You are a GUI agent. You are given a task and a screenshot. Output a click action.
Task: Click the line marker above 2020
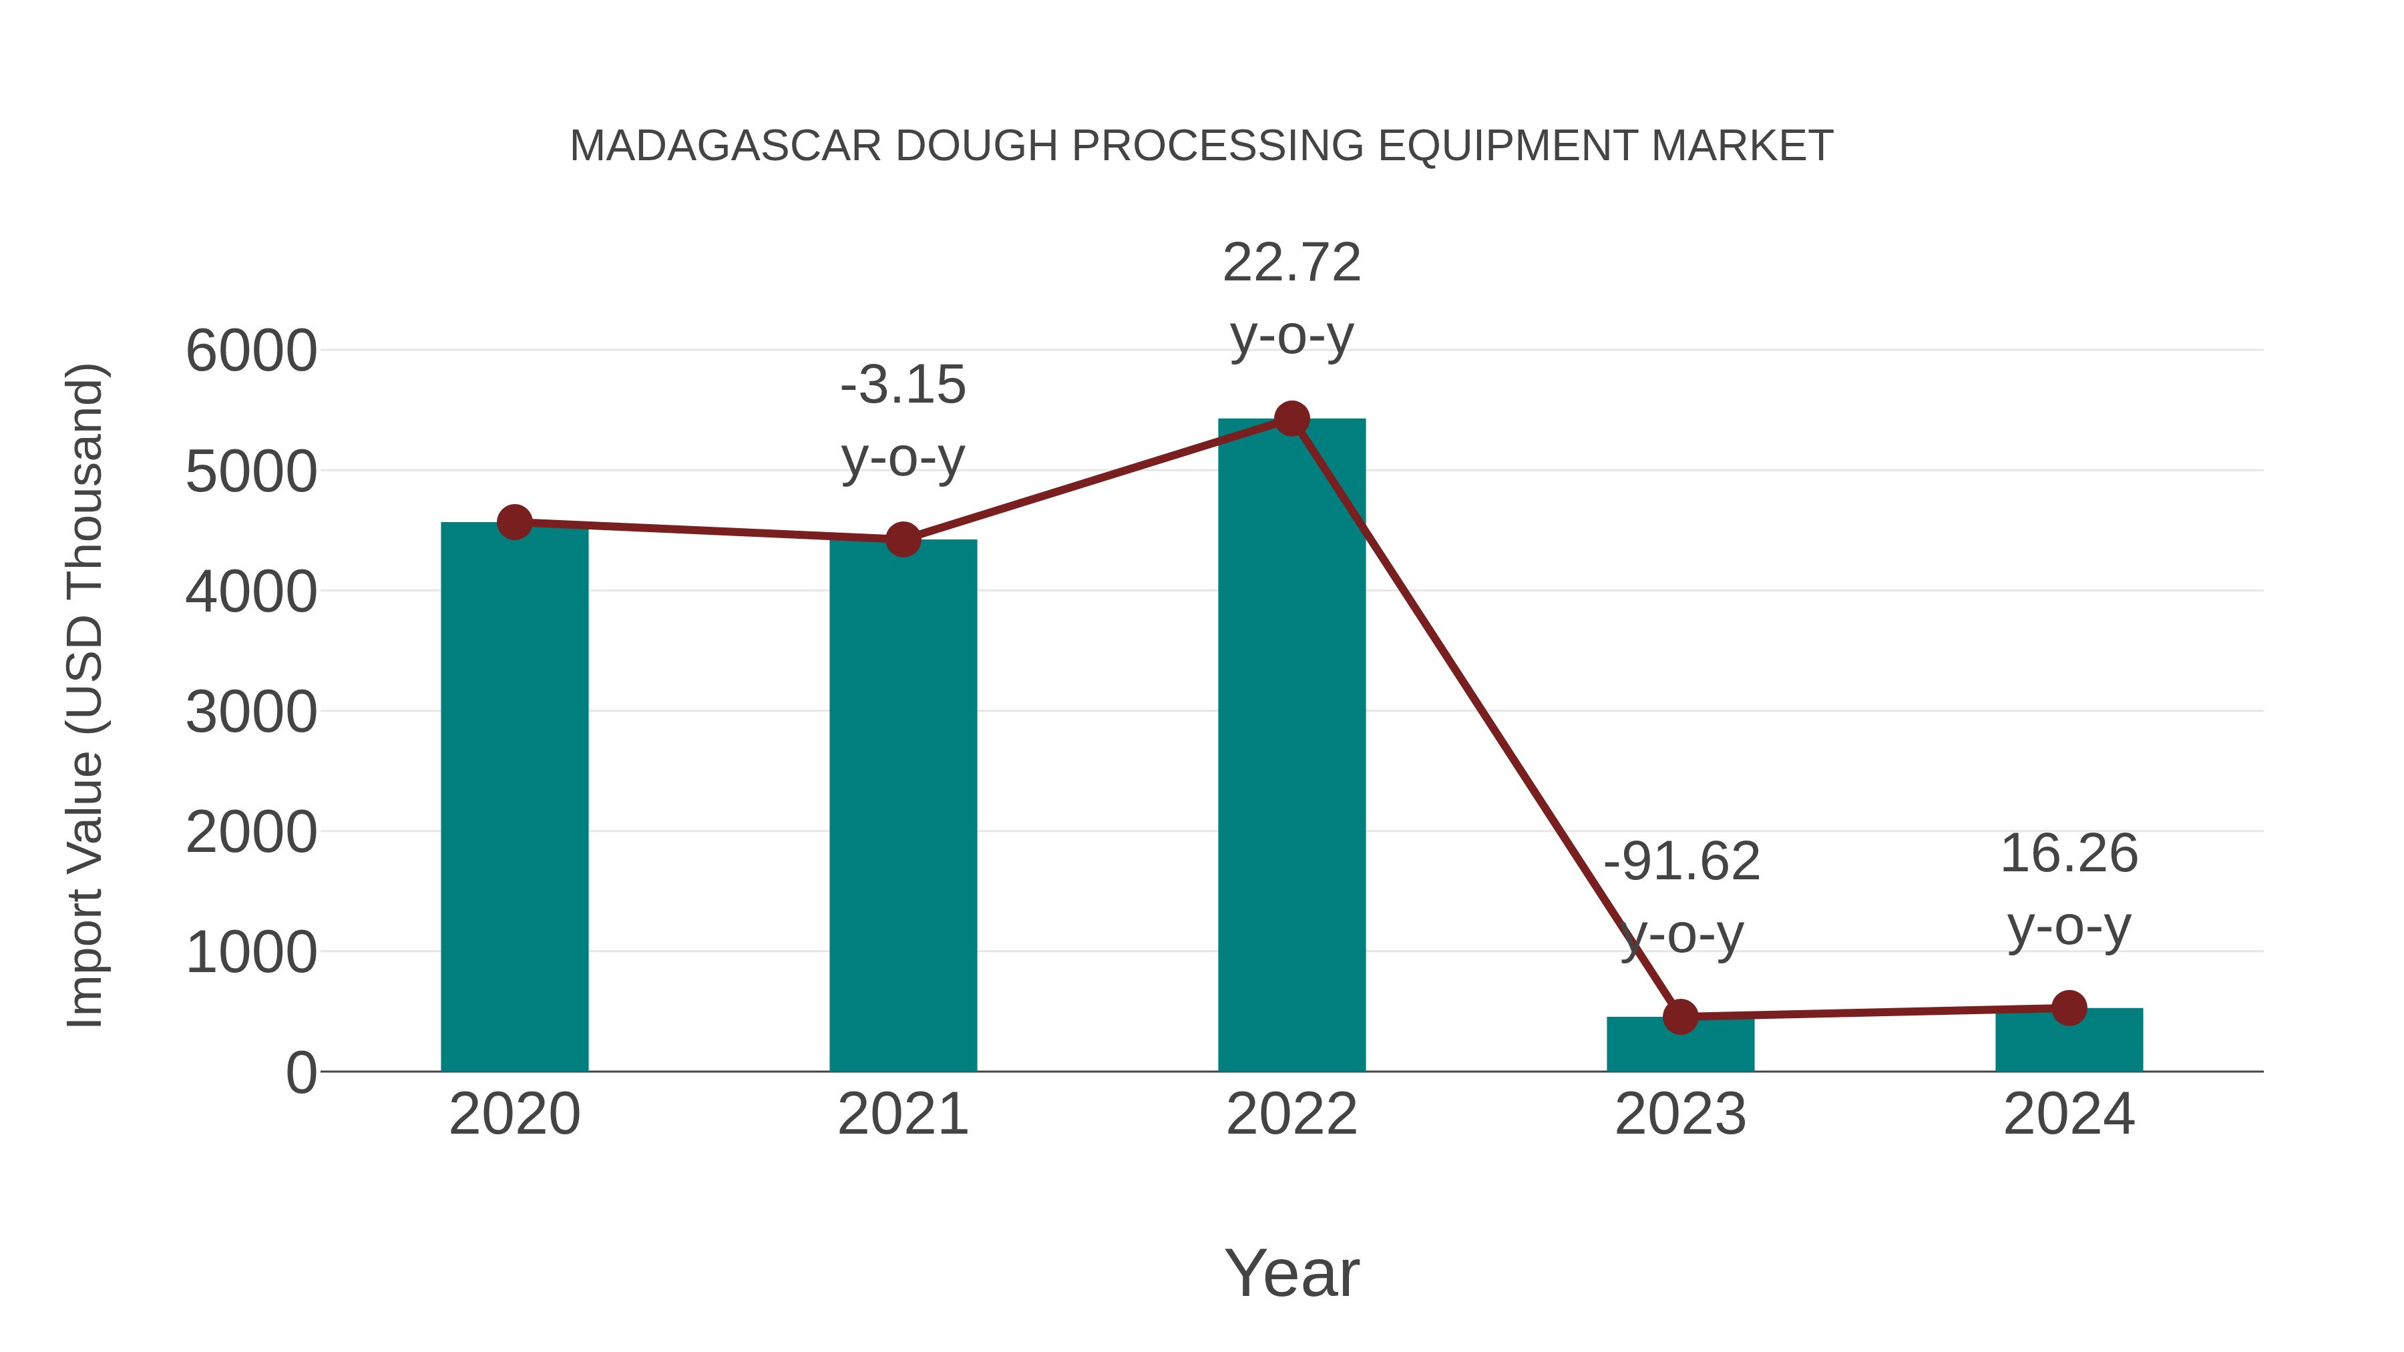tap(514, 523)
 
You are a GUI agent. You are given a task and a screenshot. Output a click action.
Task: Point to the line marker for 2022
tap(1291, 419)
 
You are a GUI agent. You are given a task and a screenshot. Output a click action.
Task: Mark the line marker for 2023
tap(1680, 1016)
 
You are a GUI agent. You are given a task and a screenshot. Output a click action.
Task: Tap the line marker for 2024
tap(2069, 1007)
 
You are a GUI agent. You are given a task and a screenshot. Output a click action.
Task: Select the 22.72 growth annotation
tap(1291, 262)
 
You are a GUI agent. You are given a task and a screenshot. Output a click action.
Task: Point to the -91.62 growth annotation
tap(1681, 861)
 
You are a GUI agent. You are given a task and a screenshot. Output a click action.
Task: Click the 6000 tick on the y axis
tap(251, 352)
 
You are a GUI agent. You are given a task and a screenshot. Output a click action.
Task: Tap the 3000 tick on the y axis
tap(251, 713)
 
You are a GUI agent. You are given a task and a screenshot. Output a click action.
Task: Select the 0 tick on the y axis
tap(300, 1073)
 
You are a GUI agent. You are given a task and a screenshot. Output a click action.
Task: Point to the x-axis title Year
tap(1291, 1273)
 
